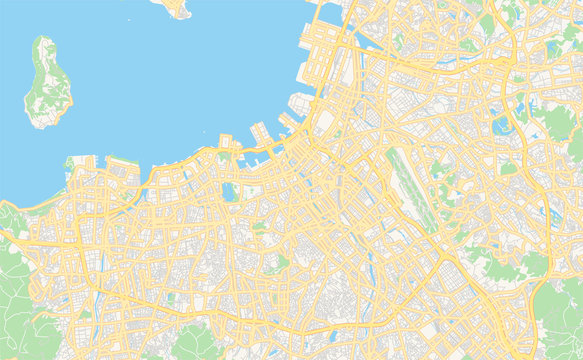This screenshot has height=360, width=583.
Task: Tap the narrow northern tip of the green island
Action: (x=41, y=40)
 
